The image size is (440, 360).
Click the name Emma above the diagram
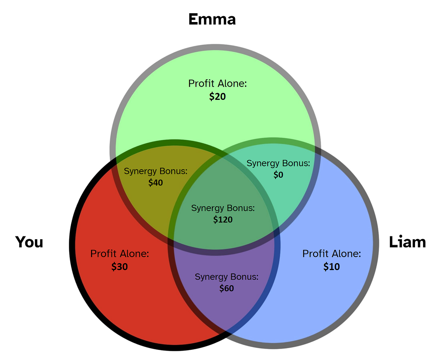(x=212, y=19)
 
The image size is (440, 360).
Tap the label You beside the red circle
(x=29, y=242)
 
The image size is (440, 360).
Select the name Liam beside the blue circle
(x=407, y=242)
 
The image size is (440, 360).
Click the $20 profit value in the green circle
(x=217, y=97)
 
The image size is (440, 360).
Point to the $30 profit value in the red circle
(x=120, y=267)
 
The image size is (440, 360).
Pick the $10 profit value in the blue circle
(x=331, y=267)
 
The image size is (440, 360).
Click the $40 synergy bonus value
(x=155, y=182)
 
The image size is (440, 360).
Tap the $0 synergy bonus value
(x=278, y=175)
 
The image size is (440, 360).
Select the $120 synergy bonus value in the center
(x=223, y=220)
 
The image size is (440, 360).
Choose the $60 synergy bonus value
(x=226, y=288)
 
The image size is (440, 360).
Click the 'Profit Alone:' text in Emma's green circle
(x=217, y=83)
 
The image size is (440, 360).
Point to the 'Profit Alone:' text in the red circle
(x=120, y=254)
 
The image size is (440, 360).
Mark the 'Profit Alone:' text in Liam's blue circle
(x=331, y=254)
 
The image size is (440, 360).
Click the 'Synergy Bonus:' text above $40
(x=155, y=171)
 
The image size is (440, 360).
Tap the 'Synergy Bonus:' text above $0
(x=278, y=163)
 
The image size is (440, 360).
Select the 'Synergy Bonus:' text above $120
(x=223, y=208)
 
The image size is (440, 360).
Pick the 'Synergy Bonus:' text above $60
(x=226, y=277)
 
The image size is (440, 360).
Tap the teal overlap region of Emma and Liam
(x=293, y=191)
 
